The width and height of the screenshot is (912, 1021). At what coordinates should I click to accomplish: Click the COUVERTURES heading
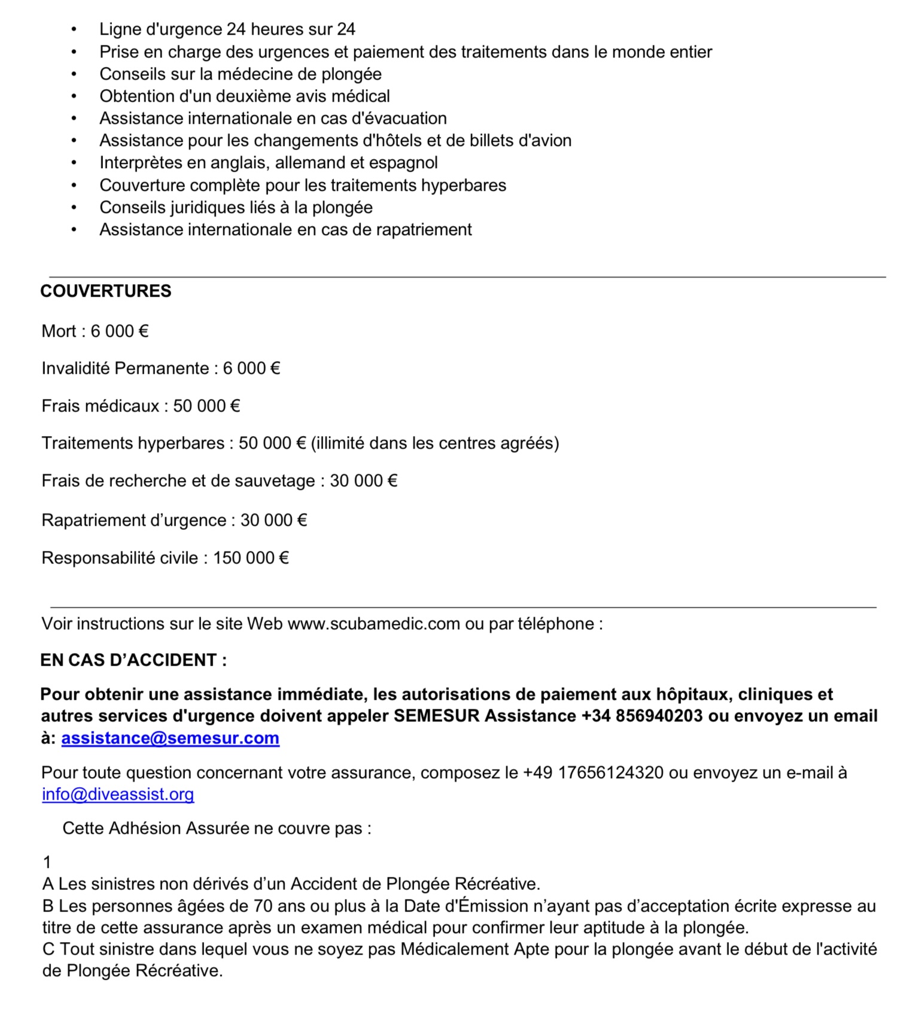106,291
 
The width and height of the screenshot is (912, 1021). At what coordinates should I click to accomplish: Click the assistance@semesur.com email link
170,738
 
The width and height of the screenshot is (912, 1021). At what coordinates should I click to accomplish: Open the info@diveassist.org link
118,794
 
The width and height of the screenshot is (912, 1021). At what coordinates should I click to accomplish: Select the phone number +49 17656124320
593,773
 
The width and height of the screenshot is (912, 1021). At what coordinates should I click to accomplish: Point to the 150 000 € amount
251,558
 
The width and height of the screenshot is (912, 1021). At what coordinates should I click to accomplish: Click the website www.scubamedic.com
373,624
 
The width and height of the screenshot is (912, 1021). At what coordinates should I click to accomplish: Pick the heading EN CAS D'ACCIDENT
133,660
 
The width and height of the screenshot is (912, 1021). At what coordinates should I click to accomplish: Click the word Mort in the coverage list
59,331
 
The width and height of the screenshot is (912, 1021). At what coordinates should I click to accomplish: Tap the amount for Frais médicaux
206,406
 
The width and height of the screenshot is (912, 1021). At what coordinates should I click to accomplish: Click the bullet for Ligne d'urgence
74,29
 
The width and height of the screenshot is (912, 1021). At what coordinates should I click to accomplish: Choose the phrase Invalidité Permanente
125,368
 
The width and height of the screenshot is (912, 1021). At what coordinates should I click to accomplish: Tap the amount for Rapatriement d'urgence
273,520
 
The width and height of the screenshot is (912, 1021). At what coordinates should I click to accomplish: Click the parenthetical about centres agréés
435,443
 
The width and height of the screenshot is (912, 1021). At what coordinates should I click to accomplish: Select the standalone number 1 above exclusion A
47,862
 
